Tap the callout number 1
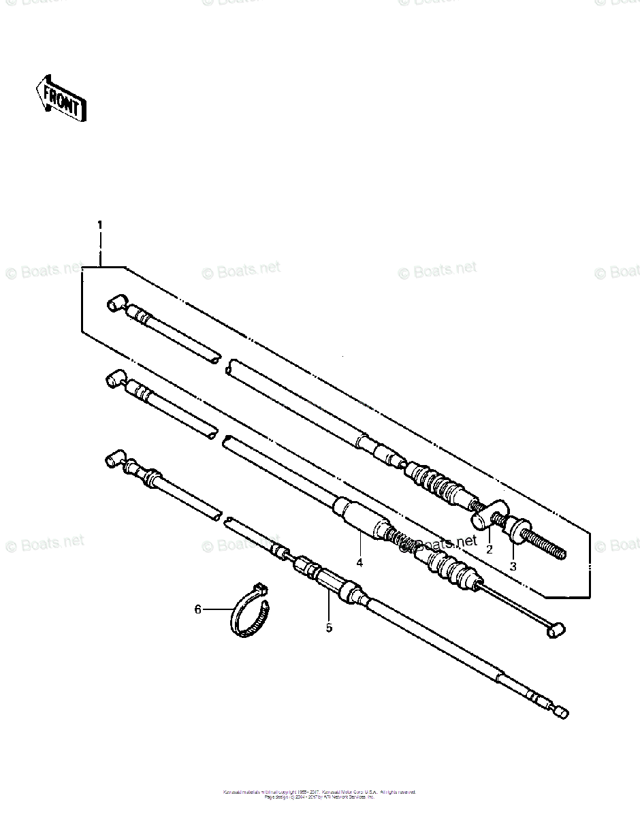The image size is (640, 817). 100,225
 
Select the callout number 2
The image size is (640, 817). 489,549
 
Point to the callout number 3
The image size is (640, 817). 513,566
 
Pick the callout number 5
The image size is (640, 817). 329,628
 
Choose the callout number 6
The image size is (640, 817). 198,609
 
